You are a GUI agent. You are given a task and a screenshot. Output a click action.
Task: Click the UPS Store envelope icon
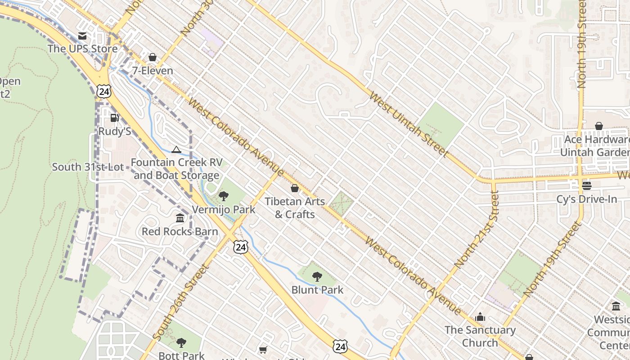(82, 36)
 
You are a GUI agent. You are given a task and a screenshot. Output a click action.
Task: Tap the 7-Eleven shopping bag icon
(153, 58)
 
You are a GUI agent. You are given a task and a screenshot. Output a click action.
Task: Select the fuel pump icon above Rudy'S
(114, 118)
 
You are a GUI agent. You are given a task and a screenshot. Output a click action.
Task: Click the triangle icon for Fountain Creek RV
(176, 149)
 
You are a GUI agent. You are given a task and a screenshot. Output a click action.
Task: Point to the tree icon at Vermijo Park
(223, 196)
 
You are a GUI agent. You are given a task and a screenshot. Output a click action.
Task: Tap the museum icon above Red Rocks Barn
(180, 218)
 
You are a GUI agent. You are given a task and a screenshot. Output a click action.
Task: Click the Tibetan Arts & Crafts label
(295, 208)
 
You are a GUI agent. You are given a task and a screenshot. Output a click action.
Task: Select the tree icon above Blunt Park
(317, 277)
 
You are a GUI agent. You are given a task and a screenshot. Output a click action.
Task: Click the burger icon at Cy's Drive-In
(586, 185)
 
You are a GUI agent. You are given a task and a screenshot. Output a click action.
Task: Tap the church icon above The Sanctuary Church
(480, 317)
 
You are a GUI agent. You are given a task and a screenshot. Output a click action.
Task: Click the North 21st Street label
(477, 229)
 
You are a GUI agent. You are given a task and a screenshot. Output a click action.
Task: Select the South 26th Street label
(181, 302)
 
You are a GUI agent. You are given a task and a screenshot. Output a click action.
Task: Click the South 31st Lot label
(88, 167)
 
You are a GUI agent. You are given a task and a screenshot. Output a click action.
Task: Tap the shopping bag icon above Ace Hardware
(598, 126)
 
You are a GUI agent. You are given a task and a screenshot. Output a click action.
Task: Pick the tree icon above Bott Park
(181, 343)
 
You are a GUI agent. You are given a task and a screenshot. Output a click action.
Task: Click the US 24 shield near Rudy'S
(103, 91)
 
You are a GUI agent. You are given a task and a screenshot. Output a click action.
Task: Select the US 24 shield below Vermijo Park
(240, 247)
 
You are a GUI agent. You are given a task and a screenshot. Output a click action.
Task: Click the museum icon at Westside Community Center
(616, 306)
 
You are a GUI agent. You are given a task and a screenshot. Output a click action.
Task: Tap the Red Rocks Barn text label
(180, 232)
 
